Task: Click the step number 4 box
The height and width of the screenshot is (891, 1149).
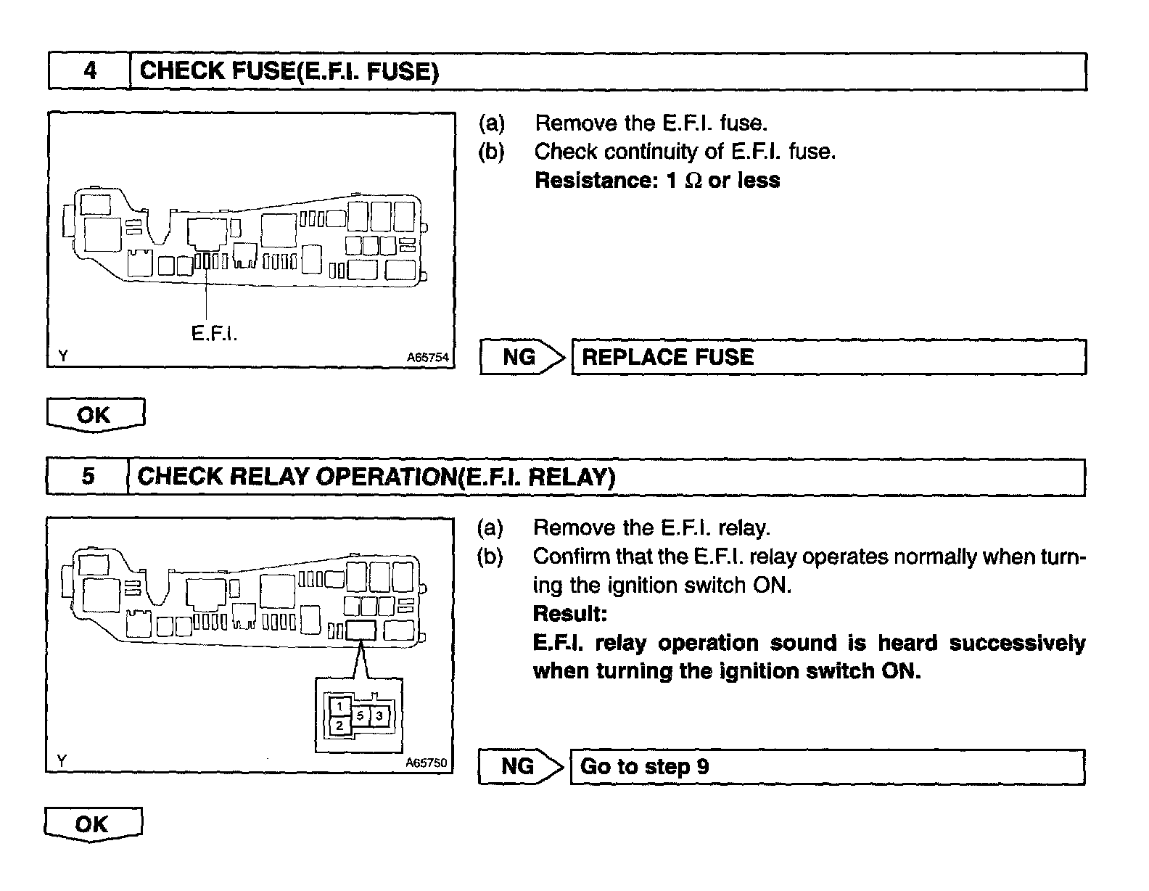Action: coord(89,71)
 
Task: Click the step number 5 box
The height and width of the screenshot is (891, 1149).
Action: coord(88,477)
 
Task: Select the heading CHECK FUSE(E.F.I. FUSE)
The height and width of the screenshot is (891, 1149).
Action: coord(289,71)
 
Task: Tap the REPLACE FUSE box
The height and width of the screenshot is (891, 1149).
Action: coord(828,357)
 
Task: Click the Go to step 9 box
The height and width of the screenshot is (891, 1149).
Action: coord(827,767)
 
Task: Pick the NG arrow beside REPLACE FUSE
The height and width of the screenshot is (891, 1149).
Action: coord(522,357)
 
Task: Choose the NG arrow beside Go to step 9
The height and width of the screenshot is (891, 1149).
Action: coord(520,767)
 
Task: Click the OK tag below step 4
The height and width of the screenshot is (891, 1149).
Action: coord(95,416)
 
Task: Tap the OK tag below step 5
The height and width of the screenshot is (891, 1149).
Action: coord(93,825)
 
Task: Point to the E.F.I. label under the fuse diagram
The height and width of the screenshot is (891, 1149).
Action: coord(215,333)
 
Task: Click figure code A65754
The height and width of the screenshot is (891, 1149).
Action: coord(427,358)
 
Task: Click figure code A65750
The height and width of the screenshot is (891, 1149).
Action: coord(427,763)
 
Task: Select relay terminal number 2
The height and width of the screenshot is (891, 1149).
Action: coord(339,725)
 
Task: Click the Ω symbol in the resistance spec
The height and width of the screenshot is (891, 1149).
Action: coord(693,181)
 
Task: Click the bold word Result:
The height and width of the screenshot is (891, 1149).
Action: coord(569,614)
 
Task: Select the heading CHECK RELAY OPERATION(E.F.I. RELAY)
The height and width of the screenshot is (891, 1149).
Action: coord(376,477)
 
